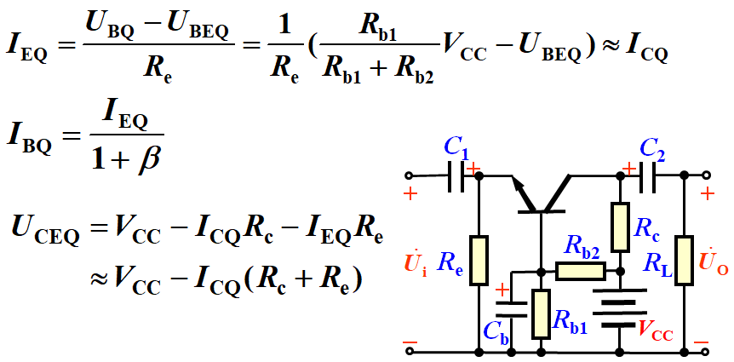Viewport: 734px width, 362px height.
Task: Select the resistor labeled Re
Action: [x=479, y=260]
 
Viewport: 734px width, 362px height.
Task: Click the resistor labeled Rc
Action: [x=621, y=225]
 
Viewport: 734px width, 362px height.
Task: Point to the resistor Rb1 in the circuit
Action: [x=541, y=314]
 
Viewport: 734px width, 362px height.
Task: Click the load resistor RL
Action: [x=684, y=260]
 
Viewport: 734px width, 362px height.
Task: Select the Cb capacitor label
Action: [x=496, y=333]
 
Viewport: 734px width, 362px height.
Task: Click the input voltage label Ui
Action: [x=415, y=264]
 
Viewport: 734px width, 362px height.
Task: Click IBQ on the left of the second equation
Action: [x=29, y=137]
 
